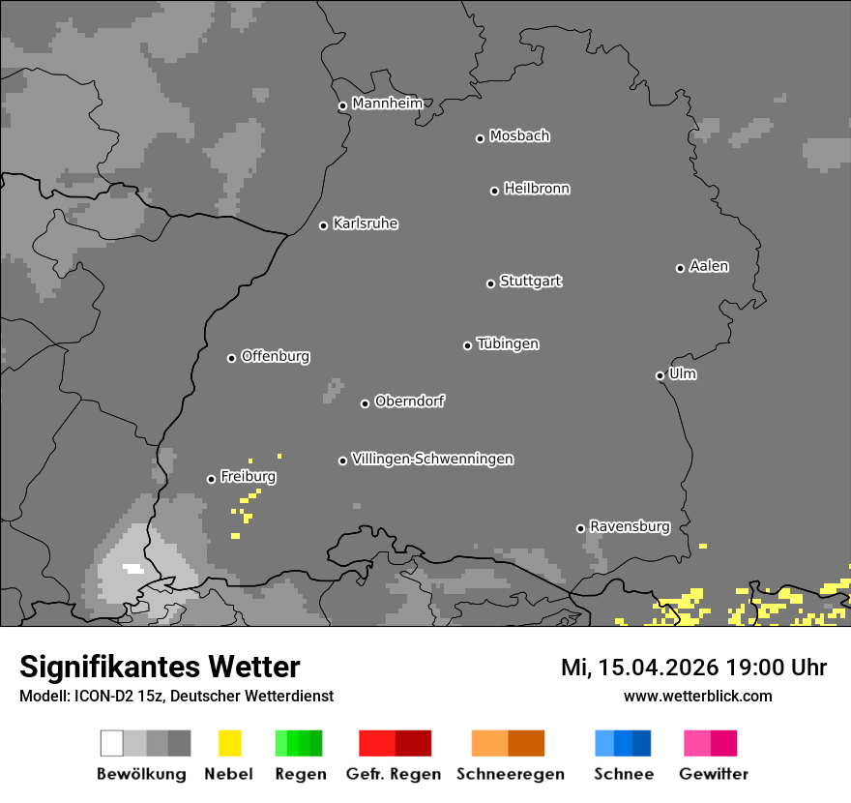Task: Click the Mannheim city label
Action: click(x=387, y=104)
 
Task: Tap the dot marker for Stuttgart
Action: click(x=490, y=283)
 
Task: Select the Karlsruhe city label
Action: click(x=365, y=223)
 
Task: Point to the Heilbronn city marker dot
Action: click(x=494, y=191)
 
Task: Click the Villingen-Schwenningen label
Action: click(x=432, y=459)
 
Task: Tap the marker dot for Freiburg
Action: click(x=211, y=479)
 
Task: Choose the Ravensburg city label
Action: click(x=630, y=526)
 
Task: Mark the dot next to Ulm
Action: click(x=660, y=375)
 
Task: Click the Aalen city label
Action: click(x=709, y=266)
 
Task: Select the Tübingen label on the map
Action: click(x=508, y=343)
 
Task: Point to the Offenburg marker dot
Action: click(x=231, y=358)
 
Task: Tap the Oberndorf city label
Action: click(x=409, y=401)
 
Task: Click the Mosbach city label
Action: click(x=519, y=136)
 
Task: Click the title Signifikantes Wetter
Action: click(x=160, y=667)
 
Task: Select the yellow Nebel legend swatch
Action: click(x=229, y=743)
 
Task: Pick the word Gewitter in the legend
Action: click(x=714, y=774)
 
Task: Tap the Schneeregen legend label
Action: click(x=511, y=774)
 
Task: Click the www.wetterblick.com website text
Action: click(x=697, y=696)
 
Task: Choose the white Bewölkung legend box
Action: click(x=112, y=743)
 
